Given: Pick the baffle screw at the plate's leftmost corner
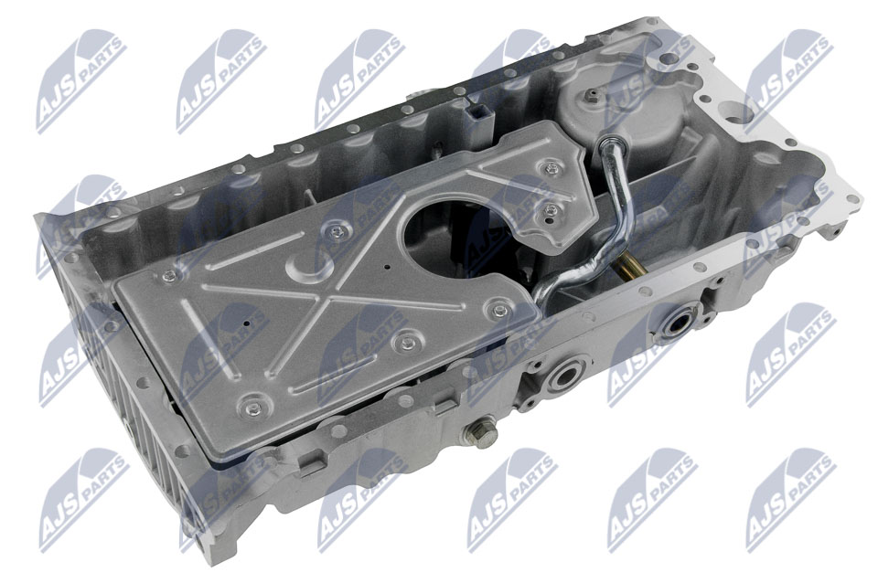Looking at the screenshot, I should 168,274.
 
